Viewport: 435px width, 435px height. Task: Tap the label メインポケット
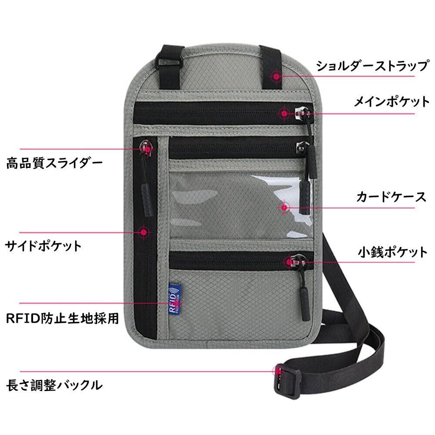pyautogui.click(x=391, y=102)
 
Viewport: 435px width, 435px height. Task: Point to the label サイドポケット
pyautogui.click(x=43, y=246)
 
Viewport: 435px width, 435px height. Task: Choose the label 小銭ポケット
pyautogui.click(x=393, y=252)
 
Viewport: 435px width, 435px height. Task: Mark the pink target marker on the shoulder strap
pyautogui.click(x=276, y=76)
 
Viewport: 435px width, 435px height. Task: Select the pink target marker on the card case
pyautogui.click(x=284, y=207)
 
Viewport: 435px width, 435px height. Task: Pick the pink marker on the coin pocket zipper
pyautogui.click(x=290, y=262)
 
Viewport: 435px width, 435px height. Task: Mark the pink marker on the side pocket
pyautogui.click(x=143, y=231)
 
